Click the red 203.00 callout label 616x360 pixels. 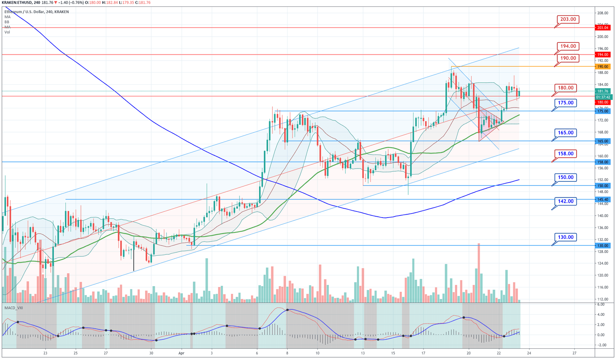click(x=568, y=19)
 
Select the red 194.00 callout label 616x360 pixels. click(x=568, y=46)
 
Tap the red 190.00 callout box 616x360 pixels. click(x=568, y=58)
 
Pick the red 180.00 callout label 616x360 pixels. click(x=565, y=88)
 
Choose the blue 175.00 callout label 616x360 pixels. click(x=565, y=103)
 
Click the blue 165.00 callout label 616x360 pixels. click(x=565, y=132)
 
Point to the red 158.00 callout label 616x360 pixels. click(x=565, y=153)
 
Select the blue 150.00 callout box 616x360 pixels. click(x=565, y=177)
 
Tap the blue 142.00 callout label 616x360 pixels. click(x=565, y=201)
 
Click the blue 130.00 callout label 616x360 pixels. click(x=565, y=237)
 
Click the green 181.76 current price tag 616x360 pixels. click(x=603, y=92)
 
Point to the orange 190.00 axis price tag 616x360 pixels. click(x=603, y=67)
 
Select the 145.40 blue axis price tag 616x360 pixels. click(x=603, y=199)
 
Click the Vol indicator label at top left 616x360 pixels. click(x=7, y=32)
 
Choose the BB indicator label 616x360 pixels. click(x=7, y=22)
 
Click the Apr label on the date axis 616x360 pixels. click(x=181, y=353)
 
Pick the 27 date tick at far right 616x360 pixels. click(x=574, y=353)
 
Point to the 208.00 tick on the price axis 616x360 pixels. click(x=603, y=13)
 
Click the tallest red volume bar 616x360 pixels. click(x=478, y=273)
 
